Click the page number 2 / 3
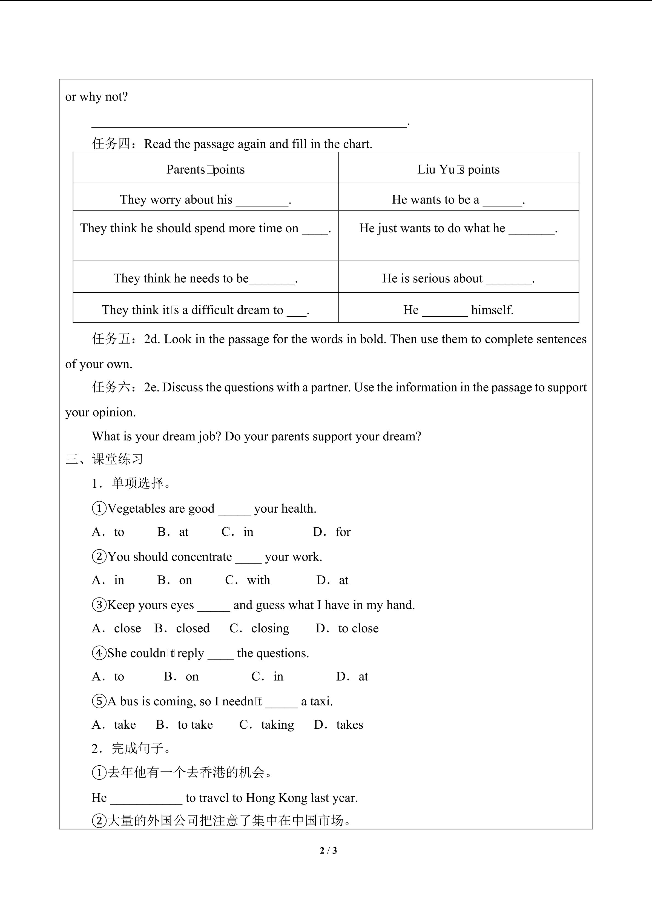point(328,850)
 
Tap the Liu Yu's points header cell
point(458,170)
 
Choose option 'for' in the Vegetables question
point(343,532)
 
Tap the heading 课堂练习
point(117,459)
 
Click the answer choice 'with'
point(258,580)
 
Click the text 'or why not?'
point(96,97)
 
